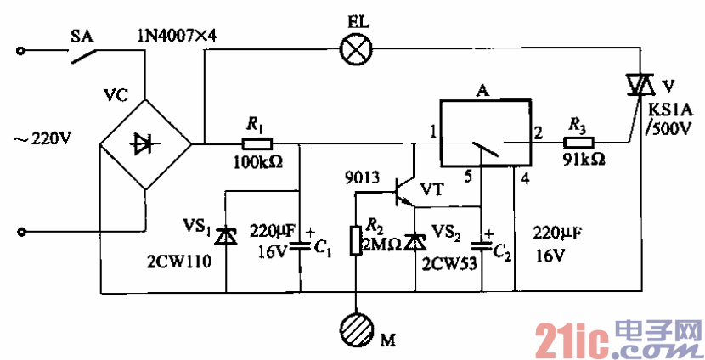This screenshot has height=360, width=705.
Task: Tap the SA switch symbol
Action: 82,56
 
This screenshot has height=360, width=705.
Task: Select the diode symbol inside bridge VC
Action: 144,143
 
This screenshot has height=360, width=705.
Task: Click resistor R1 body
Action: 257,143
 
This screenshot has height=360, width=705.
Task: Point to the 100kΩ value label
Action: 259,160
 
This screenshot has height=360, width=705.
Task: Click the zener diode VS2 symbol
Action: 414,242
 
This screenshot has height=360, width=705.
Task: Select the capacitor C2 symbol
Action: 482,245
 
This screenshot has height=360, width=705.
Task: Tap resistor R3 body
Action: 580,143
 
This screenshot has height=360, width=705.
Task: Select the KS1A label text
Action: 668,110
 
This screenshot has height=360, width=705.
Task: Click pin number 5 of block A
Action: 465,177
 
